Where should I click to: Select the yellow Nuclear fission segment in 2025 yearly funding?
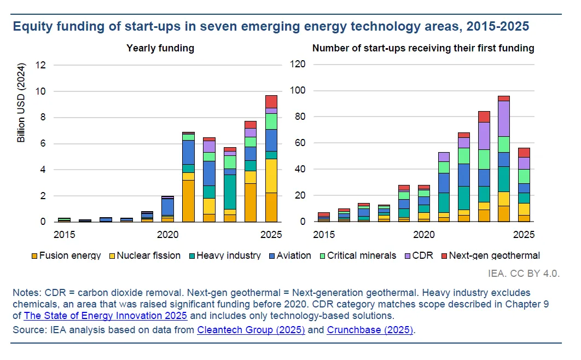tap(271, 176)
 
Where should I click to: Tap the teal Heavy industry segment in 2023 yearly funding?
tap(230, 191)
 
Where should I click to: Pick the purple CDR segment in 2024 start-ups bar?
tap(503, 118)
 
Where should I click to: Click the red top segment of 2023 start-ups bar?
tap(484, 117)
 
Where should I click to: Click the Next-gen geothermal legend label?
tap(495, 256)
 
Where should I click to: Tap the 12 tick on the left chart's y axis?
tap(41, 65)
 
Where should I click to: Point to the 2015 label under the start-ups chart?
tap(324, 235)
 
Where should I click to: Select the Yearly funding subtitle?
tap(160, 48)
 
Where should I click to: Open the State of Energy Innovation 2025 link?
tap(106, 316)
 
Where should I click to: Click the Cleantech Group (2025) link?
tap(251, 329)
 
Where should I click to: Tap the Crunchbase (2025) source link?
tap(370, 329)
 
